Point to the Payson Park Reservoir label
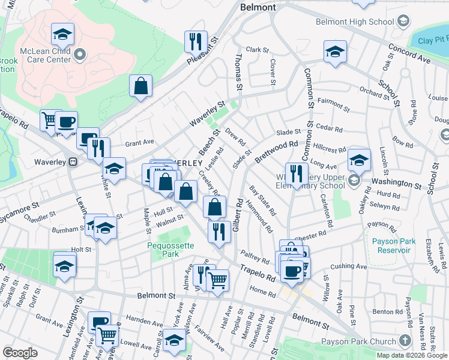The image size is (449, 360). (x=391, y=245)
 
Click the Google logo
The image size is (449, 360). (x=20, y=353)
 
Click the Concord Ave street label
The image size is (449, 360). (x=409, y=53)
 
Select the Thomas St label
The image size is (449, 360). (x=239, y=71)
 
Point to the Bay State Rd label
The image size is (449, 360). (x=263, y=200)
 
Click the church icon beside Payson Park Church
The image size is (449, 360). (x=405, y=341)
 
